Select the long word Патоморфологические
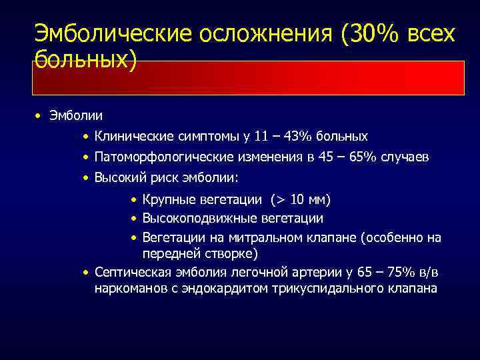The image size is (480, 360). pyautogui.click(x=163, y=157)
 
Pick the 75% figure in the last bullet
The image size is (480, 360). pyautogui.click(x=399, y=272)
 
